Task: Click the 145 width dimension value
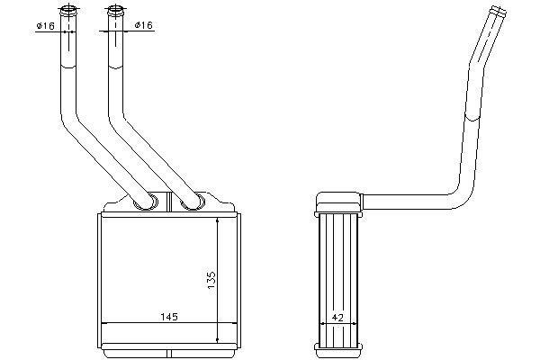(169, 317)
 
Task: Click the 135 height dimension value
(211, 280)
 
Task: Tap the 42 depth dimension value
(338, 318)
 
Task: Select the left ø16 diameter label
(46, 25)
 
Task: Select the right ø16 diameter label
(144, 25)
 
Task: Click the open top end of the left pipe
(68, 10)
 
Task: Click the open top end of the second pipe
(115, 9)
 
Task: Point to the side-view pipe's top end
(499, 12)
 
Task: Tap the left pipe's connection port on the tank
(147, 202)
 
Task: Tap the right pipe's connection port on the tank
(193, 202)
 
